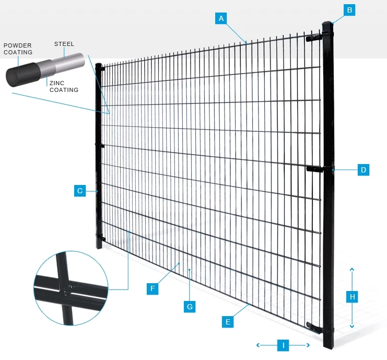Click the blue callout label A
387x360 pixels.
tap(221, 18)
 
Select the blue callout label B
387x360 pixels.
tap(350, 9)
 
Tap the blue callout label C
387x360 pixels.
tap(80, 191)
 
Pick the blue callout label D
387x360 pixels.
tap(363, 169)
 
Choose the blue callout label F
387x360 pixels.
tap(153, 288)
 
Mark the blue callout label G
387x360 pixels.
tap(190, 306)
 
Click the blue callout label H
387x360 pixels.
tap(353, 297)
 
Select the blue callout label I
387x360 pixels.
tap(283, 345)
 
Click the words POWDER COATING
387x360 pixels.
tap(18, 49)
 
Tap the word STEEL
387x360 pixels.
tap(64, 44)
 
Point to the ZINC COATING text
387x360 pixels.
tap(64, 86)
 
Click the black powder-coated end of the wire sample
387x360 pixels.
tap(19, 75)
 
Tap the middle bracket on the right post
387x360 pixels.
tap(317, 169)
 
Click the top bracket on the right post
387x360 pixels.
tap(315, 38)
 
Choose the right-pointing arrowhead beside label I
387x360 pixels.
tap(308, 345)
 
